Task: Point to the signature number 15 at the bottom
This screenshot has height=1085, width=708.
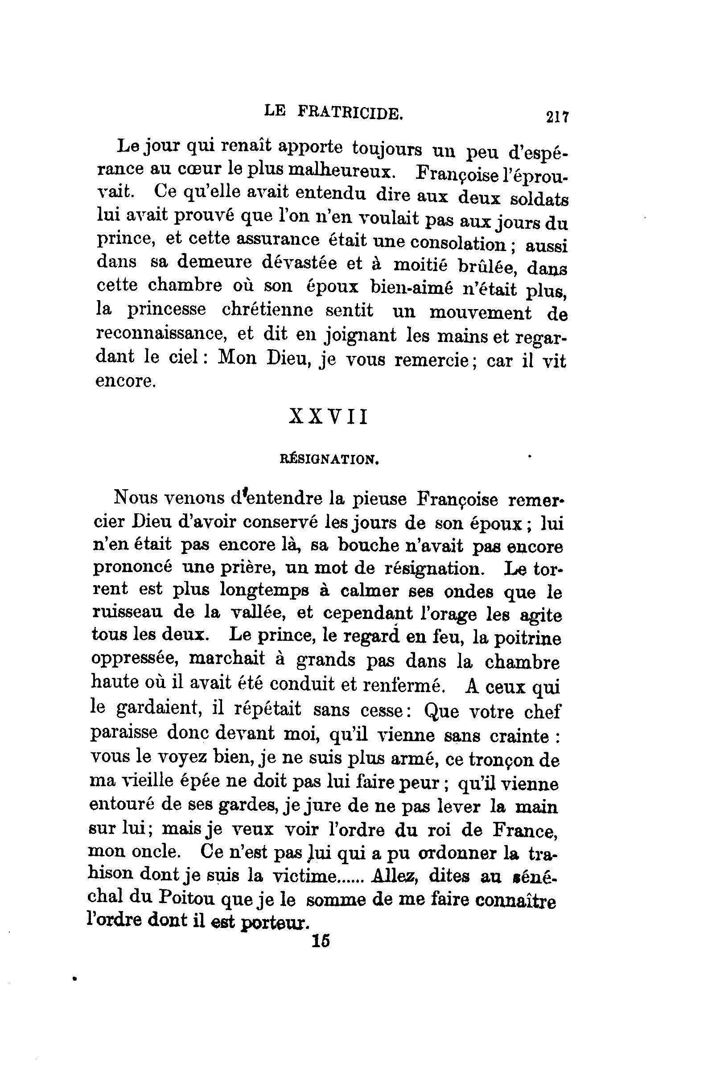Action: [x=321, y=941]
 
